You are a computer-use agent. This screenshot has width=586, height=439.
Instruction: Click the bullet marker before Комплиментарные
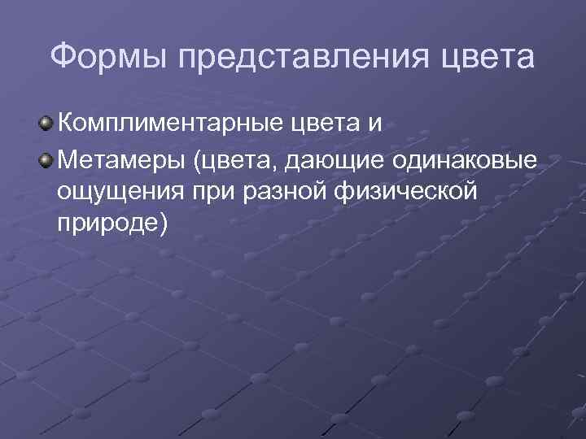coord(47,124)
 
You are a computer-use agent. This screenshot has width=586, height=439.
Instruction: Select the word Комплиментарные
coord(168,124)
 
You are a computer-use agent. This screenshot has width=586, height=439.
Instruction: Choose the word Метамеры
coord(121,160)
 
